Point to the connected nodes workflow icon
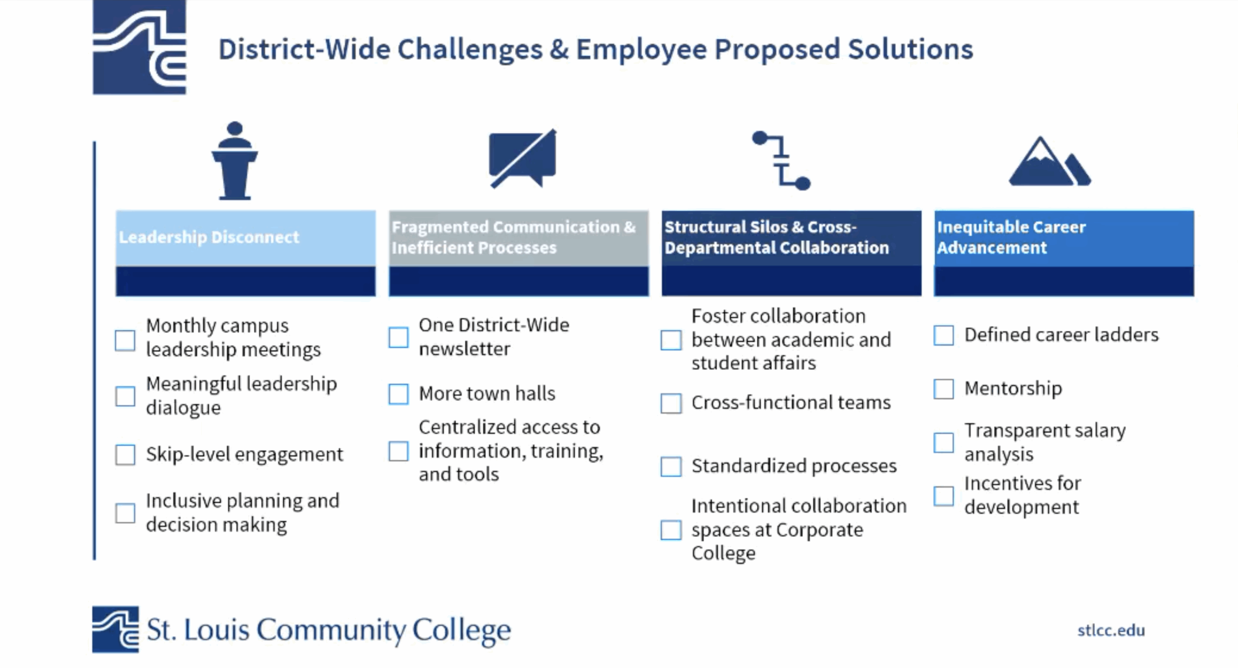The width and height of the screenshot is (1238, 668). pyautogui.click(x=781, y=160)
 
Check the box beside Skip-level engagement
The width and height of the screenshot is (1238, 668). pyautogui.click(x=125, y=455)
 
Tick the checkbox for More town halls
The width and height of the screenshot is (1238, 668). pyautogui.click(x=398, y=394)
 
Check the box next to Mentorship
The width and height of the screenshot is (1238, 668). pyautogui.click(x=943, y=389)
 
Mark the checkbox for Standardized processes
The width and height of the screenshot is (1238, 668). pyautogui.click(x=671, y=467)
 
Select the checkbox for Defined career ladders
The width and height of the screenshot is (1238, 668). pyautogui.click(x=943, y=335)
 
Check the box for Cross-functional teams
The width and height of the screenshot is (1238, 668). pyautogui.click(x=671, y=403)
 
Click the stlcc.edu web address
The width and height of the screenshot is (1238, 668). pyautogui.click(x=1111, y=630)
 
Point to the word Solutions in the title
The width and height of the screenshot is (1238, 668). pyautogui.click(x=911, y=49)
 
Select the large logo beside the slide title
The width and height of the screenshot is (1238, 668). pyautogui.click(x=139, y=47)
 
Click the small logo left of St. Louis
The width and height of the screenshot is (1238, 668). pyautogui.click(x=116, y=629)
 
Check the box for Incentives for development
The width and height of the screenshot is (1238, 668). pyautogui.click(x=943, y=496)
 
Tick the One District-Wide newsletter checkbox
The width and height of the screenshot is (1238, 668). pyautogui.click(x=398, y=337)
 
